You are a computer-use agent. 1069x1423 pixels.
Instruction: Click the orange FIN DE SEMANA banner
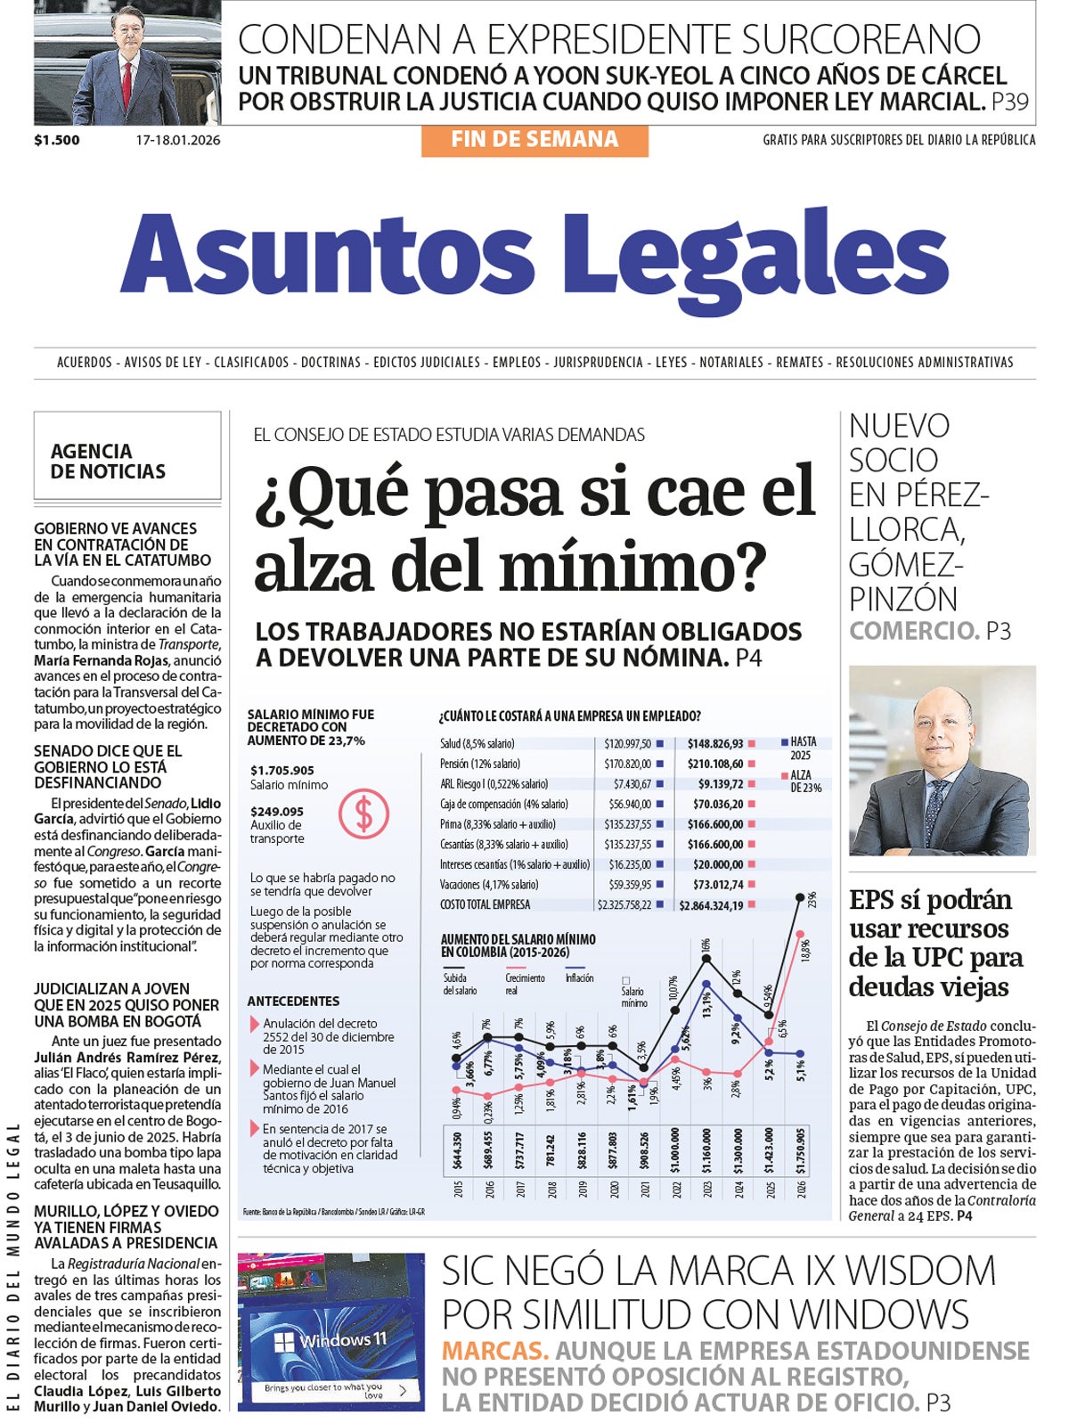[x=534, y=140]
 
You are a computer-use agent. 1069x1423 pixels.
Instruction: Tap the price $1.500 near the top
[x=57, y=140]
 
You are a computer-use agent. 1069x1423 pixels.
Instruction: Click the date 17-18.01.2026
[x=178, y=140]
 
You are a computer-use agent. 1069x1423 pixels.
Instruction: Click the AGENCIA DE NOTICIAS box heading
[x=108, y=461]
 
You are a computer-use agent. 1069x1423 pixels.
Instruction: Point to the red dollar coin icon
[x=363, y=814]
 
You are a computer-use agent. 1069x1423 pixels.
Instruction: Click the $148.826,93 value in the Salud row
[x=715, y=743]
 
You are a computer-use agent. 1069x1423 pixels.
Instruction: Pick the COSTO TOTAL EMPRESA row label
[x=485, y=904]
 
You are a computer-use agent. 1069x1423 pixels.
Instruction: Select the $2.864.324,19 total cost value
[x=711, y=905]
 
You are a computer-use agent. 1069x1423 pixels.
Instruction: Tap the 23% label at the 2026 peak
[x=812, y=899]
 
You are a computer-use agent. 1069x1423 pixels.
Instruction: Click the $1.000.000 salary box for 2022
[x=674, y=1149]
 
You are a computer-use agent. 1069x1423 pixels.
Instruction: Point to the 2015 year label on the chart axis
[x=458, y=1189]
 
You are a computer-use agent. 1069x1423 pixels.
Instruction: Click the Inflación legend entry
[x=579, y=978]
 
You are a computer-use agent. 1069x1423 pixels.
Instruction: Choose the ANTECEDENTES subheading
[x=293, y=1001]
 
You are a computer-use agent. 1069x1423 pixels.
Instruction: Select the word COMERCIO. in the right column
[x=914, y=631]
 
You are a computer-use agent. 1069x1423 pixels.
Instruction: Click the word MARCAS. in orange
[x=495, y=1351]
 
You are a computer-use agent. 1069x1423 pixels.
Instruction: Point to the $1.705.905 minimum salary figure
[x=282, y=770]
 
